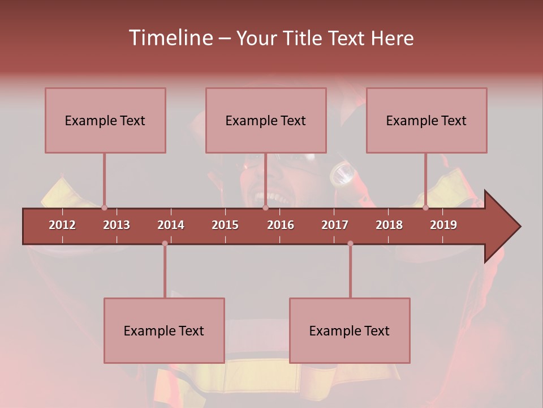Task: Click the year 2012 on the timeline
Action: [x=62, y=225]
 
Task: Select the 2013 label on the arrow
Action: [x=117, y=225]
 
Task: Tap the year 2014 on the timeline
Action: [x=171, y=225]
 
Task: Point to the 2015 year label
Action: [x=225, y=225]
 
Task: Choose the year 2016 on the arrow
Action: [x=281, y=225]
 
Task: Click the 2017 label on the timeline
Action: [x=335, y=225]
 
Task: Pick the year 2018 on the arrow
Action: [x=389, y=225]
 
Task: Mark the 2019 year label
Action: [x=443, y=225]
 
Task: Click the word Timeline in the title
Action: [x=169, y=38]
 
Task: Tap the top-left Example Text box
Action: [x=105, y=120]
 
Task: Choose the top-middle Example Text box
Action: [x=266, y=120]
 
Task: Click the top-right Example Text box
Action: [x=426, y=120]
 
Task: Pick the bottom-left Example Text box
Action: [x=164, y=330]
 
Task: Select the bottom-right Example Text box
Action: [x=350, y=330]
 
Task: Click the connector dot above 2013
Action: [x=104, y=208]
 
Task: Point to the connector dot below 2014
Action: [x=165, y=243]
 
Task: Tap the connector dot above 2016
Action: [x=265, y=208]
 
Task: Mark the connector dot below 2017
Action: [x=350, y=243]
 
